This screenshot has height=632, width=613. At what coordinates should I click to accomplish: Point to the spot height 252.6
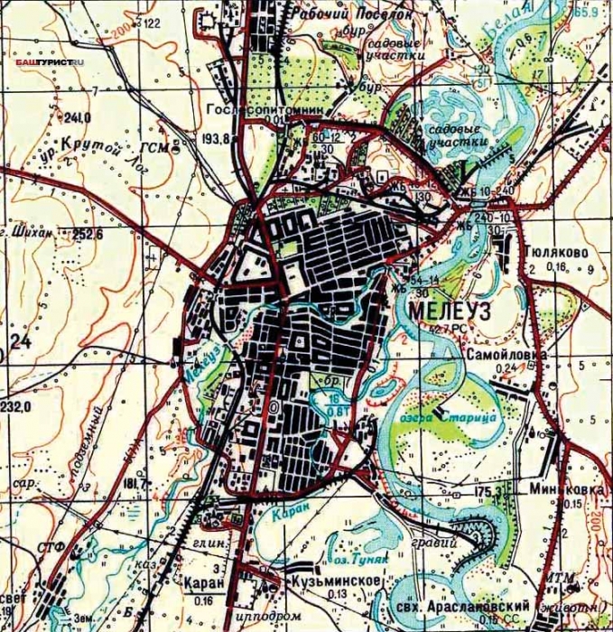tap(77, 234)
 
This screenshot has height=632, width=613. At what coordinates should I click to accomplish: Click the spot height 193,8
tap(215, 140)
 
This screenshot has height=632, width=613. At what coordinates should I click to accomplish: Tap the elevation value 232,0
tap(17, 406)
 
